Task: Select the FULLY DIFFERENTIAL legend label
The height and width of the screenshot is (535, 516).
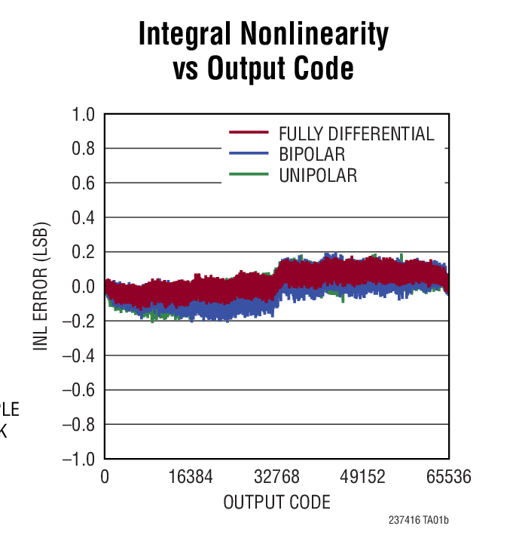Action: coord(356,134)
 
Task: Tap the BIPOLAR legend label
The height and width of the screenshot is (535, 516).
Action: coord(312,155)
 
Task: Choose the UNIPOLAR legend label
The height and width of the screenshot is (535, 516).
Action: coord(317,176)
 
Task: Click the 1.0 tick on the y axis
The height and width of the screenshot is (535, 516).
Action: coord(83,115)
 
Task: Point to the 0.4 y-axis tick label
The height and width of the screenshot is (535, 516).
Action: coord(83,218)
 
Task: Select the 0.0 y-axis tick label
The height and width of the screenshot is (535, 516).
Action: coord(83,287)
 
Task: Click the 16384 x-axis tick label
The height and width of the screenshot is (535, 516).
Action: coord(191,478)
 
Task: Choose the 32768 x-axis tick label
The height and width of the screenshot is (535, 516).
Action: coord(277,478)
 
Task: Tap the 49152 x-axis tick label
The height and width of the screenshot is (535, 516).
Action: coord(363,478)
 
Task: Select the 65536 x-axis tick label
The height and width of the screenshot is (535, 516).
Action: coord(449,478)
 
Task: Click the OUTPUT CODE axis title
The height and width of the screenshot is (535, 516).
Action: coord(276,502)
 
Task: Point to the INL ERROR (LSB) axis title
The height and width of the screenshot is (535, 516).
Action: coord(41,287)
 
